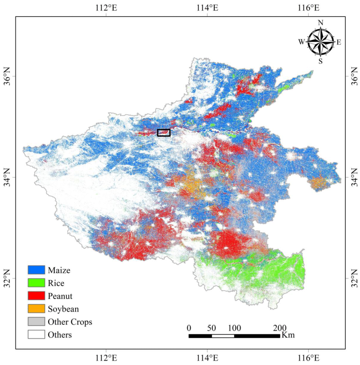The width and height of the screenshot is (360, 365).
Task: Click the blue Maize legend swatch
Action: click(36, 270)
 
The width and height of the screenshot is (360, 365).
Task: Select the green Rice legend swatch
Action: click(36, 283)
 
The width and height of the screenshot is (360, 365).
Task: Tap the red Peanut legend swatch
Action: click(36, 295)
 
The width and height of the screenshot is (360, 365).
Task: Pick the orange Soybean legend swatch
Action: click(36, 308)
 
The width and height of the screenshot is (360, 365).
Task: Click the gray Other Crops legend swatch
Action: click(36, 322)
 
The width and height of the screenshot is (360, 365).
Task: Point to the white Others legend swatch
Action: click(36, 335)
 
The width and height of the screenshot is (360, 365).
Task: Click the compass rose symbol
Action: click(321, 42)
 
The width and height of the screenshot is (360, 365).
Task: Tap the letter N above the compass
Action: click(321, 22)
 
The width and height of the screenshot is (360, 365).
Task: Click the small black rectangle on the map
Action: click(164, 132)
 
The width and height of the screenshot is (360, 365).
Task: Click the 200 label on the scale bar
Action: click(280, 328)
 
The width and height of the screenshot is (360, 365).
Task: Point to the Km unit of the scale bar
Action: click(287, 335)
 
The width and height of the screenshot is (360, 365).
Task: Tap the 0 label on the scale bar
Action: click(189, 328)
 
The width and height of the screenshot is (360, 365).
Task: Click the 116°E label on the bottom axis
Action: click(308, 358)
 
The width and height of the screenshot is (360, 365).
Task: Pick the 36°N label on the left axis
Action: click(7, 76)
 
